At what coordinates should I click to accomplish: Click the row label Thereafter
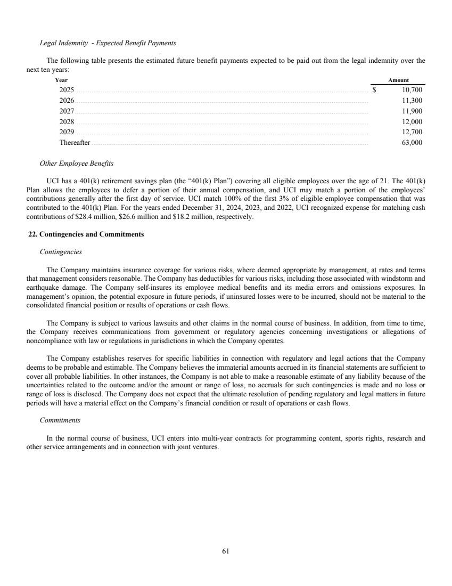click(x=75, y=143)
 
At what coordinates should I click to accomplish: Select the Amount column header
click(x=398, y=80)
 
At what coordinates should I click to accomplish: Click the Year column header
click(x=61, y=80)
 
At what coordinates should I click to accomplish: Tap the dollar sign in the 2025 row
click(x=374, y=89)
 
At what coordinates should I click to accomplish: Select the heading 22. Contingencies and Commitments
click(x=86, y=234)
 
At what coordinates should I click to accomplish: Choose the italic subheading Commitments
click(x=60, y=420)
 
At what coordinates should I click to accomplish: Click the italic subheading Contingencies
click(x=61, y=251)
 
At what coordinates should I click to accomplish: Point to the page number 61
click(x=226, y=551)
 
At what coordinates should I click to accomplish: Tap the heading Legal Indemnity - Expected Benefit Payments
click(x=108, y=43)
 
